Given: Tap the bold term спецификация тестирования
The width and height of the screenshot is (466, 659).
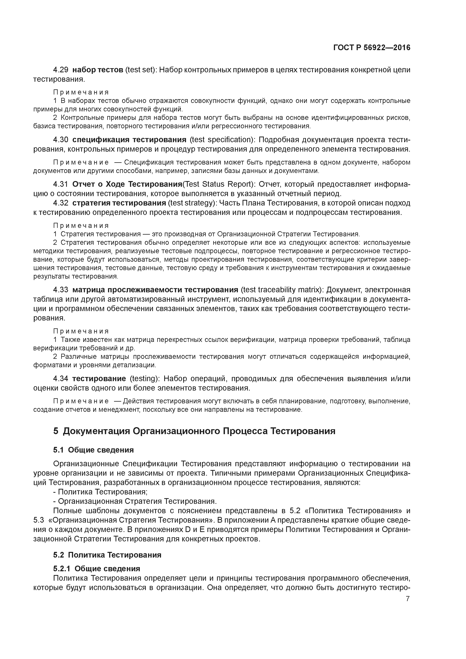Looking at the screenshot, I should pos(129,140).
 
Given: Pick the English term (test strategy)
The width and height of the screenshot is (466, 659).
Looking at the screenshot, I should pos(192,203).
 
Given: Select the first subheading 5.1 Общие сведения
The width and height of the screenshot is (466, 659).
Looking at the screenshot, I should pos(93,450).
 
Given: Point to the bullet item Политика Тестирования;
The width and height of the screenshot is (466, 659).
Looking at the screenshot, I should pos(101,492).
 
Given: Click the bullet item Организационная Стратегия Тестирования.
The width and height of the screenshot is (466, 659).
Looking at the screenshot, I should pos(135,501).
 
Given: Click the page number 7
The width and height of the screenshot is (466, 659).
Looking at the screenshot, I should pos(407,598).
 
